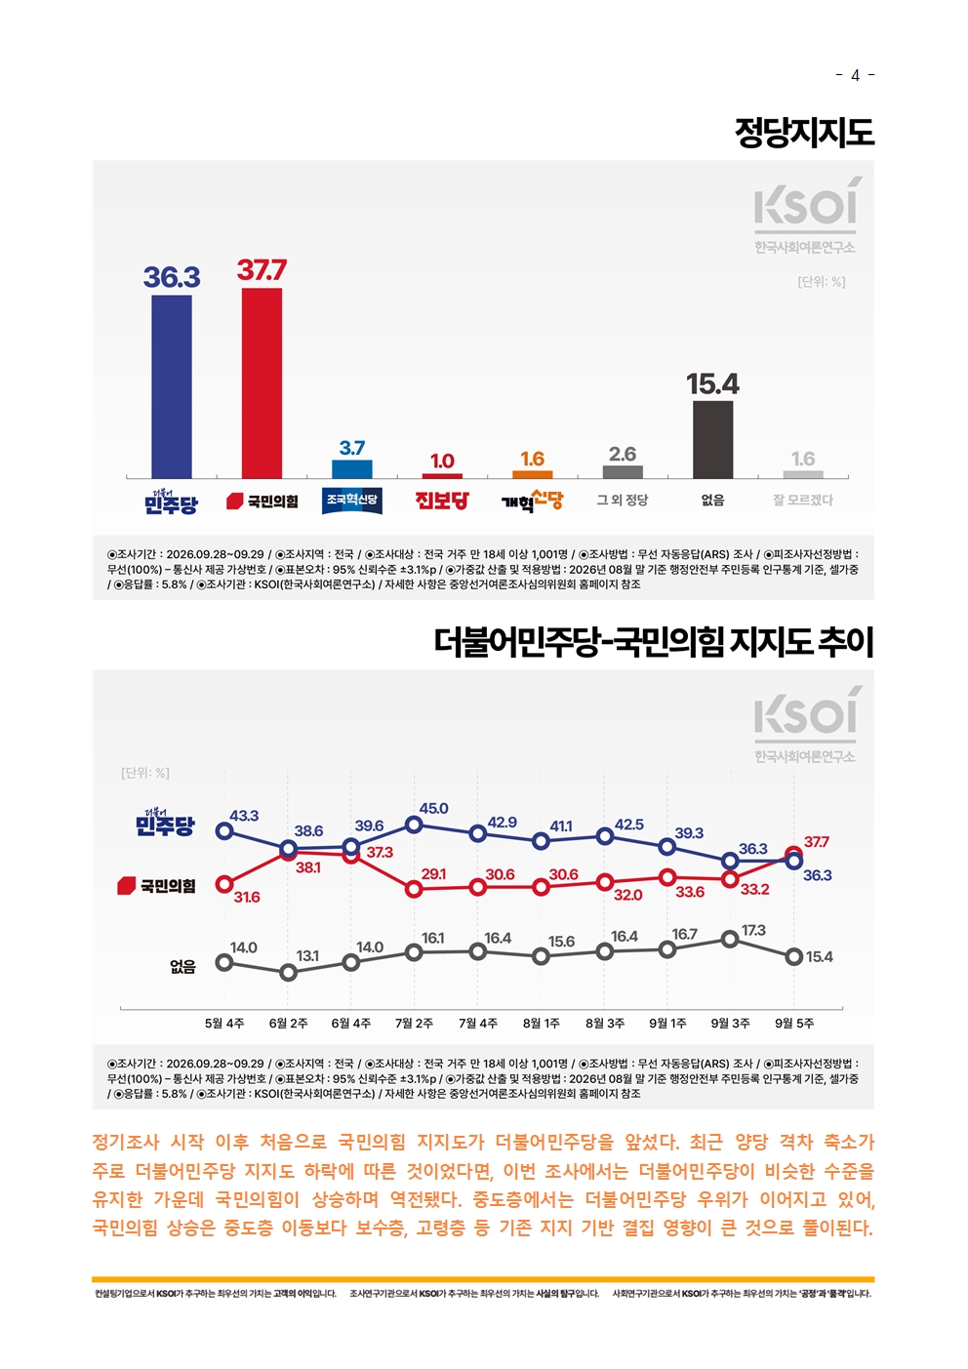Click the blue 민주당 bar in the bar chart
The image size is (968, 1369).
172,386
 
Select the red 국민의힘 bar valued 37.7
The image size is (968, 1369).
262,383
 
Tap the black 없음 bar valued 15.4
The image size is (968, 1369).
712,439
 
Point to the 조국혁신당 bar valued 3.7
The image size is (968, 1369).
352,468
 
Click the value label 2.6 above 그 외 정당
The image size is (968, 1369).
623,454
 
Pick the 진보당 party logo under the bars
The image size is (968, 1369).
442,501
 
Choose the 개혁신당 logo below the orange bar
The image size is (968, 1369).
532,501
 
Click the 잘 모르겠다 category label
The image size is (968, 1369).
802,500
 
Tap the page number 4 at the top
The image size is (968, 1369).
855,75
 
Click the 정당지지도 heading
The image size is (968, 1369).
804,133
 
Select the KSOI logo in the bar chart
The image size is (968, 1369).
805,215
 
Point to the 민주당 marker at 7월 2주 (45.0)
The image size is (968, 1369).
414,825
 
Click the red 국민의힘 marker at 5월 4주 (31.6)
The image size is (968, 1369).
224,884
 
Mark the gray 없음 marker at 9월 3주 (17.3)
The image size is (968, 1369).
730,939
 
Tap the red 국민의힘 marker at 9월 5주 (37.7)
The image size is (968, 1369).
793,854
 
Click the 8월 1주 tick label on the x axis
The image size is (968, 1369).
541,1023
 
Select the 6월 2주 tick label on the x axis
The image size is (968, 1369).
288,1023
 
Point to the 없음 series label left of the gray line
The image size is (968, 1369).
182,966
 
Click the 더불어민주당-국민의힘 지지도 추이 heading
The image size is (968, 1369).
654,642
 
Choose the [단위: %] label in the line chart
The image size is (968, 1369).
145,773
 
